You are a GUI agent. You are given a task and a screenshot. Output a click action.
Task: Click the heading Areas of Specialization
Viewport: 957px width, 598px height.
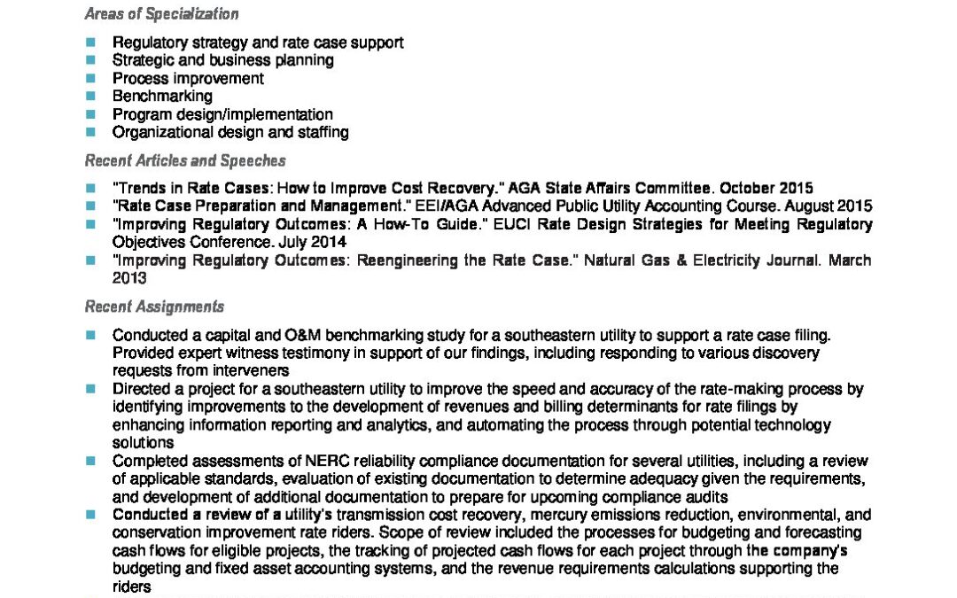(x=161, y=14)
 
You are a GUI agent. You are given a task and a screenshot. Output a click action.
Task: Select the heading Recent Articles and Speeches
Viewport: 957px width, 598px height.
(x=185, y=160)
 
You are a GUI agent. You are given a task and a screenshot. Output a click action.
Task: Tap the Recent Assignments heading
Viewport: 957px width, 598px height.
(x=154, y=307)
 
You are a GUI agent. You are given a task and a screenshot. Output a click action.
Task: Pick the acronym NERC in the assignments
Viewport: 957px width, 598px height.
(x=288, y=461)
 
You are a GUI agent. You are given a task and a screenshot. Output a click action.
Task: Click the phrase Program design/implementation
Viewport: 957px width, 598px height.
(x=222, y=114)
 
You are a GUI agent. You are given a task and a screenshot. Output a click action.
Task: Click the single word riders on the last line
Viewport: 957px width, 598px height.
(x=131, y=586)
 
